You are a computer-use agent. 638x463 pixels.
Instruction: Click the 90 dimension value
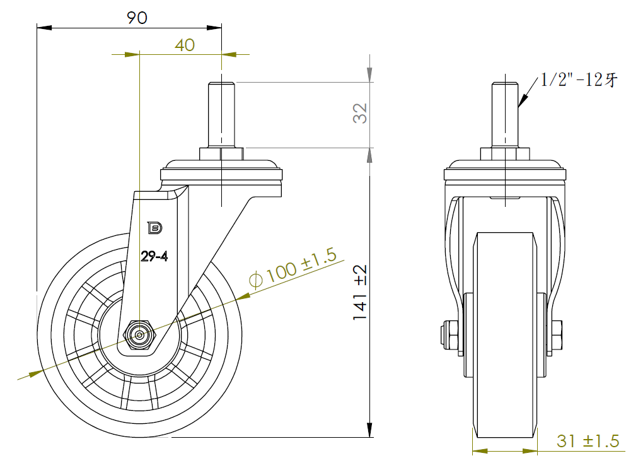136,18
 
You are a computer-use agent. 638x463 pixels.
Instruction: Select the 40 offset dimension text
184,45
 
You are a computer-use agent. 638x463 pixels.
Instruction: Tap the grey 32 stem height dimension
360,114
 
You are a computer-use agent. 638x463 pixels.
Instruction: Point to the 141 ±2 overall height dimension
360,291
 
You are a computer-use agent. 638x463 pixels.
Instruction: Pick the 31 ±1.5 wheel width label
588,441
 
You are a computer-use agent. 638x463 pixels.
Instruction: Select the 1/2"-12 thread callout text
578,80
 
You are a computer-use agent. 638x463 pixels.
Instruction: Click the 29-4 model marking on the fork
153,256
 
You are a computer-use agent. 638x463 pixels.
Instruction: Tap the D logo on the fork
154,227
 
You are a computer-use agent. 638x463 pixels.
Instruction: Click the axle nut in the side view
140,336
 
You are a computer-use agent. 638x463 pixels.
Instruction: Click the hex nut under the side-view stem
221,154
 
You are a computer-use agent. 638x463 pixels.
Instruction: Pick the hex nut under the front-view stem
505,154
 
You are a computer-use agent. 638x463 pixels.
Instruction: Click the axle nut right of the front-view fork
558,336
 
